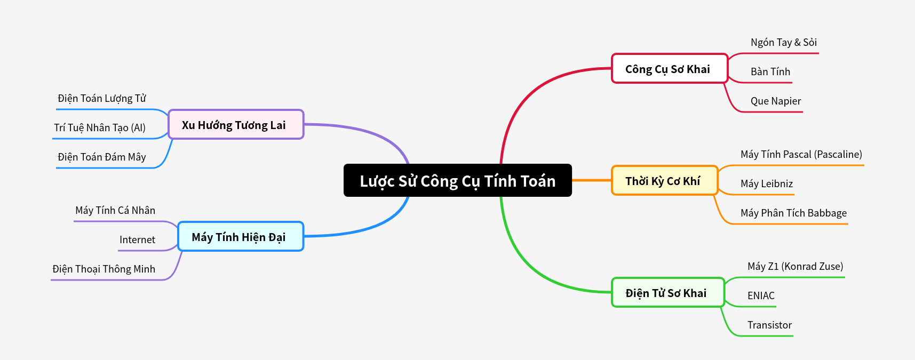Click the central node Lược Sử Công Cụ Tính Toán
[457, 180]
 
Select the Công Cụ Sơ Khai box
[669, 69]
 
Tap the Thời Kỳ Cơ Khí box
[664, 181]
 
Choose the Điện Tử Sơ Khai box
[667, 293]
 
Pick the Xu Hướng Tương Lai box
[235, 125]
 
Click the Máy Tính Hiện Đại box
[240, 237]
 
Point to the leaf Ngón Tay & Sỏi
[783, 43]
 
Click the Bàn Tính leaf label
[770, 72]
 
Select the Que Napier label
[775, 101]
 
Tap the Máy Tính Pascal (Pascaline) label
[801, 155]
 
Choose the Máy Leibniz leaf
[766, 184]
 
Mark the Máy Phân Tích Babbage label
[793, 213]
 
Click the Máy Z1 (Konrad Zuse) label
[795, 267]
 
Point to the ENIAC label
[760, 296]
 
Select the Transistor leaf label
[769, 325]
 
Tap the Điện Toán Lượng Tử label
[101, 99]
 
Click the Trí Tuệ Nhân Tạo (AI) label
[100, 128]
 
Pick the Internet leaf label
[137, 240]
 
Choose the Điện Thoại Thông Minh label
[104, 269]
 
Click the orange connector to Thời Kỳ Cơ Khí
[591, 180]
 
